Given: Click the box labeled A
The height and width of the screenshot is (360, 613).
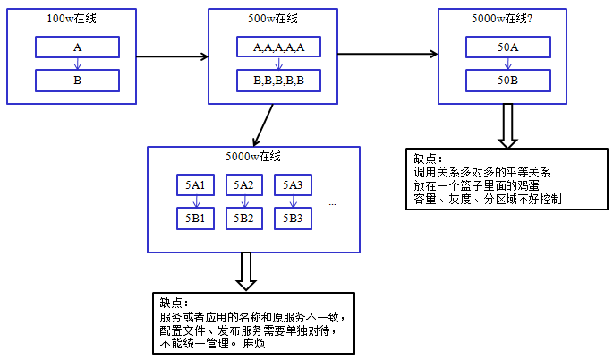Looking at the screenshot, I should [x=77, y=47].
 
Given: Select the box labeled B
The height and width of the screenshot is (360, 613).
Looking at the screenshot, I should [x=77, y=81].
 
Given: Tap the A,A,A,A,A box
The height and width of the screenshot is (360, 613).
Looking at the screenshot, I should [x=278, y=47].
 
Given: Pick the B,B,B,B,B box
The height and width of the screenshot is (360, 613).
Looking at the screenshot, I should [x=278, y=81].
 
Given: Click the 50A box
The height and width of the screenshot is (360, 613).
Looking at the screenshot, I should [x=507, y=47].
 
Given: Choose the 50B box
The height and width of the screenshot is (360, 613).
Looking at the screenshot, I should [x=507, y=81].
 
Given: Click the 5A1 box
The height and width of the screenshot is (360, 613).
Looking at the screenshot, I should [x=195, y=184].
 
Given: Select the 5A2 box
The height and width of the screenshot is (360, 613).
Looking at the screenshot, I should [x=244, y=184].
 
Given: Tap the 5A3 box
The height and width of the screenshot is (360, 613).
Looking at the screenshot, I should [x=293, y=184].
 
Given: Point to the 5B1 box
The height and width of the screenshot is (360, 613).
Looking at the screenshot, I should [x=195, y=217].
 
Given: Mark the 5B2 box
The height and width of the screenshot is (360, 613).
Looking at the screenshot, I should [x=244, y=217].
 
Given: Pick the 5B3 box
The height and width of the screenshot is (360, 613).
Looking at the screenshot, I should [x=293, y=217].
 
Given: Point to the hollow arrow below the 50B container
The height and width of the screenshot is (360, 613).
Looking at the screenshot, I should [x=508, y=124].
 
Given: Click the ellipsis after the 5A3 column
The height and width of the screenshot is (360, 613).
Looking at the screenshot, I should [x=332, y=204].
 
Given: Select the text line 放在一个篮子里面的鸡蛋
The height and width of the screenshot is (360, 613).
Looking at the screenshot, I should [x=475, y=184].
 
